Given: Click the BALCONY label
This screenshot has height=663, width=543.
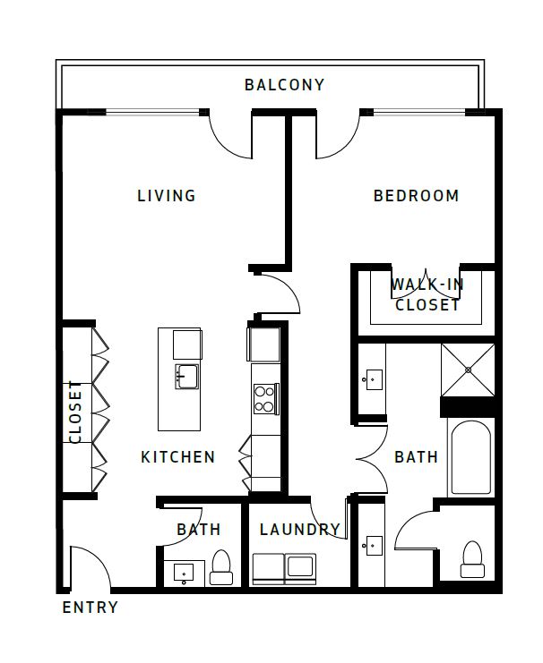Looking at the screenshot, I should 284,85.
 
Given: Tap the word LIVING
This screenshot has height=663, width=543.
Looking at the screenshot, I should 167,196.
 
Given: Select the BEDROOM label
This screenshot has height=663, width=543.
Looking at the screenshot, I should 416,196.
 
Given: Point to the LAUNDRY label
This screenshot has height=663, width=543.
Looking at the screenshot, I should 299,530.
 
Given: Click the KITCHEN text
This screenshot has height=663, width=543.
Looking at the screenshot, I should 177,457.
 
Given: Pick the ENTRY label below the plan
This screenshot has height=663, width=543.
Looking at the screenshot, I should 90,608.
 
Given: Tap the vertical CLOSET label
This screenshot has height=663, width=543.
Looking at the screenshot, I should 75,412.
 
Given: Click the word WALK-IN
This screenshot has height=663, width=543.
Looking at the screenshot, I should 427,285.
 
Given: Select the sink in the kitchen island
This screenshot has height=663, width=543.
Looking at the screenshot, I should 186,376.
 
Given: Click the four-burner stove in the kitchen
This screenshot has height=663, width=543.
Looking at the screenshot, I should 265,398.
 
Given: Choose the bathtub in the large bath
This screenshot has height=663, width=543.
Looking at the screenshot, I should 470,457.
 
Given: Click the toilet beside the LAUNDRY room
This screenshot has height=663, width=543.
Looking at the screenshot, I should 221,567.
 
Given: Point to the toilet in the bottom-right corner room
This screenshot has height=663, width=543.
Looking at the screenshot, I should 471,560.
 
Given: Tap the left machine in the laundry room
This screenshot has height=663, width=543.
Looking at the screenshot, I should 268,568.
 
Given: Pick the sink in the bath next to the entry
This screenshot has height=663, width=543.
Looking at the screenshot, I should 185,571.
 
